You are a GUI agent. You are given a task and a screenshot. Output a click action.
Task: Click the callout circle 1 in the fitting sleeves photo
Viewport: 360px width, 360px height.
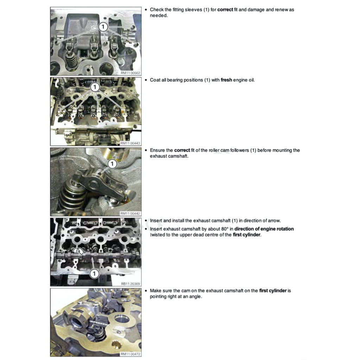click(103, 27)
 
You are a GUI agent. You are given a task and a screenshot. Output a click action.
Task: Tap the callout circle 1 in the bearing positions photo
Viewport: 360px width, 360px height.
click(95, 87)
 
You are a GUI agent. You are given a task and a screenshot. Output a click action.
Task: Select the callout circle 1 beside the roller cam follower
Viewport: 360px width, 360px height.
click(112, 164)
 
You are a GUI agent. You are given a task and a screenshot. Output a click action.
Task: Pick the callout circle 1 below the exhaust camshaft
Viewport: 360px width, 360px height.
click(94, 274)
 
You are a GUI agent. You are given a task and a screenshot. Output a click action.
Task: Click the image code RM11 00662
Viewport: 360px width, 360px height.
click(130, 73)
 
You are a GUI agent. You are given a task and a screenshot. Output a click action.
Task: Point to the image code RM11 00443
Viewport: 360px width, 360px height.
click(130, 143)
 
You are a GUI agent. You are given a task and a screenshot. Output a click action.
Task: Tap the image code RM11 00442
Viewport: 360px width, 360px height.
click(130, 213)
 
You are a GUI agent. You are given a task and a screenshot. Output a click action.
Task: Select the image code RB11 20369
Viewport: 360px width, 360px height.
click(130, 284)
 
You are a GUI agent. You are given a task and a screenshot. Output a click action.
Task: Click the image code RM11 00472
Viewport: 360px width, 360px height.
click(130, 354)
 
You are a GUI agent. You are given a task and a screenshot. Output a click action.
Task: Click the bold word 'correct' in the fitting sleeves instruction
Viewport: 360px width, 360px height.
click(225, 9)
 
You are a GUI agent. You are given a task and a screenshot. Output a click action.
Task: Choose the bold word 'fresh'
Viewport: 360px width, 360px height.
click(226, 80)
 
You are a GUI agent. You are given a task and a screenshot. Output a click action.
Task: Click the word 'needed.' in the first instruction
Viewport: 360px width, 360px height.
click(159, 15)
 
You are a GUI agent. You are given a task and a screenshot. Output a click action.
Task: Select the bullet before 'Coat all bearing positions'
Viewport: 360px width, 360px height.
click(146, 80)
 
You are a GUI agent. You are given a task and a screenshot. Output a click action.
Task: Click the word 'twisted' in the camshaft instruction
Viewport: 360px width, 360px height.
click(157, 235)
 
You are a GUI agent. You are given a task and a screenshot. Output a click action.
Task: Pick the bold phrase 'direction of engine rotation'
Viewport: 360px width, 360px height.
click(264, 229)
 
